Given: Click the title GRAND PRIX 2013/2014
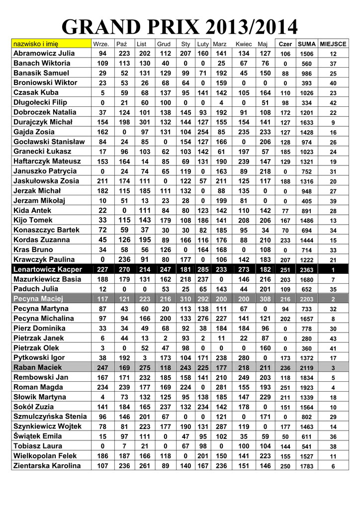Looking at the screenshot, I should tap(180, 26).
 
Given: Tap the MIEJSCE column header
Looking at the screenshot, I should tap(333, 44).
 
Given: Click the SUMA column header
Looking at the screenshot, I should tap(307, 44).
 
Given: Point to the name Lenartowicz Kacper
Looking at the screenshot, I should tap(48, 269).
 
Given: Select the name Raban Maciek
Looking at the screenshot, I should tap(38, 367).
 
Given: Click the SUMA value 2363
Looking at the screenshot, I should tap(307, 269).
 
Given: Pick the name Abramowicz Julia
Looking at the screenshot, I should tap(44, 53).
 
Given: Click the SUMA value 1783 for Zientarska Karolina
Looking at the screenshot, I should tap(307, 466).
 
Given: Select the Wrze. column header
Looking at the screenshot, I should tap(101, 44).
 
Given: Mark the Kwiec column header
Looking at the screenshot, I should tap(244, 44).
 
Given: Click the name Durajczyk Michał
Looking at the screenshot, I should tap(43, 122).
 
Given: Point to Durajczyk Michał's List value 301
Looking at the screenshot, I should tap(145, 122).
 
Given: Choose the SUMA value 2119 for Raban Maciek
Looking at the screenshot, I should tap(307, 368).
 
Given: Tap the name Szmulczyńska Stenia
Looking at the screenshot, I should tap(50, 417).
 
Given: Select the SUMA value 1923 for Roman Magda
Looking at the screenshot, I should tap(307, 388).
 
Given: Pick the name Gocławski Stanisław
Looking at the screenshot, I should tap(49, 142).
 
